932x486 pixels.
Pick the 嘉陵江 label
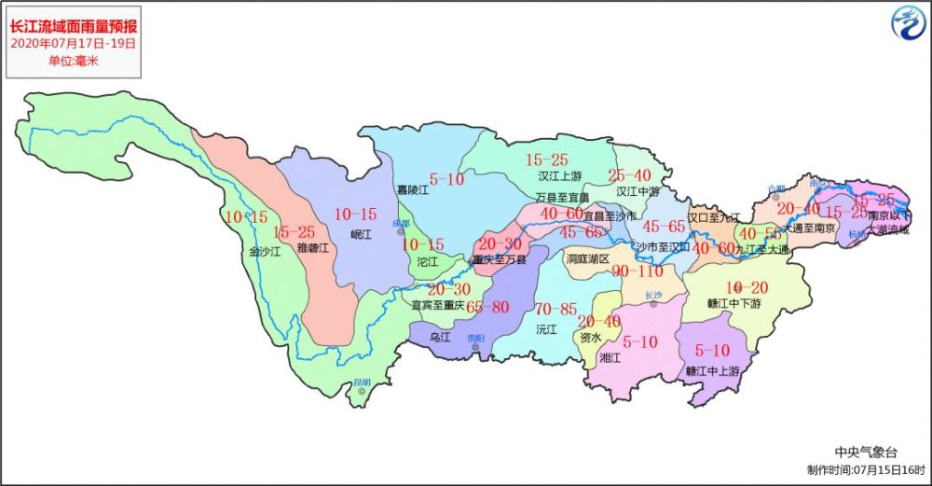[411, 190]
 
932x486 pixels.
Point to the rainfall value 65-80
[488, 307]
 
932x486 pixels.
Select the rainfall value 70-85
[555, 309]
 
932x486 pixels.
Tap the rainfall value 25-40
[629, 175]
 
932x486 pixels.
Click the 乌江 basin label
[439, 338]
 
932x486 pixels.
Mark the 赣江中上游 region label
[712, 370]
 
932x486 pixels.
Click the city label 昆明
[361, 382]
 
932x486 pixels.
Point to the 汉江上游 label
[559, 175]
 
